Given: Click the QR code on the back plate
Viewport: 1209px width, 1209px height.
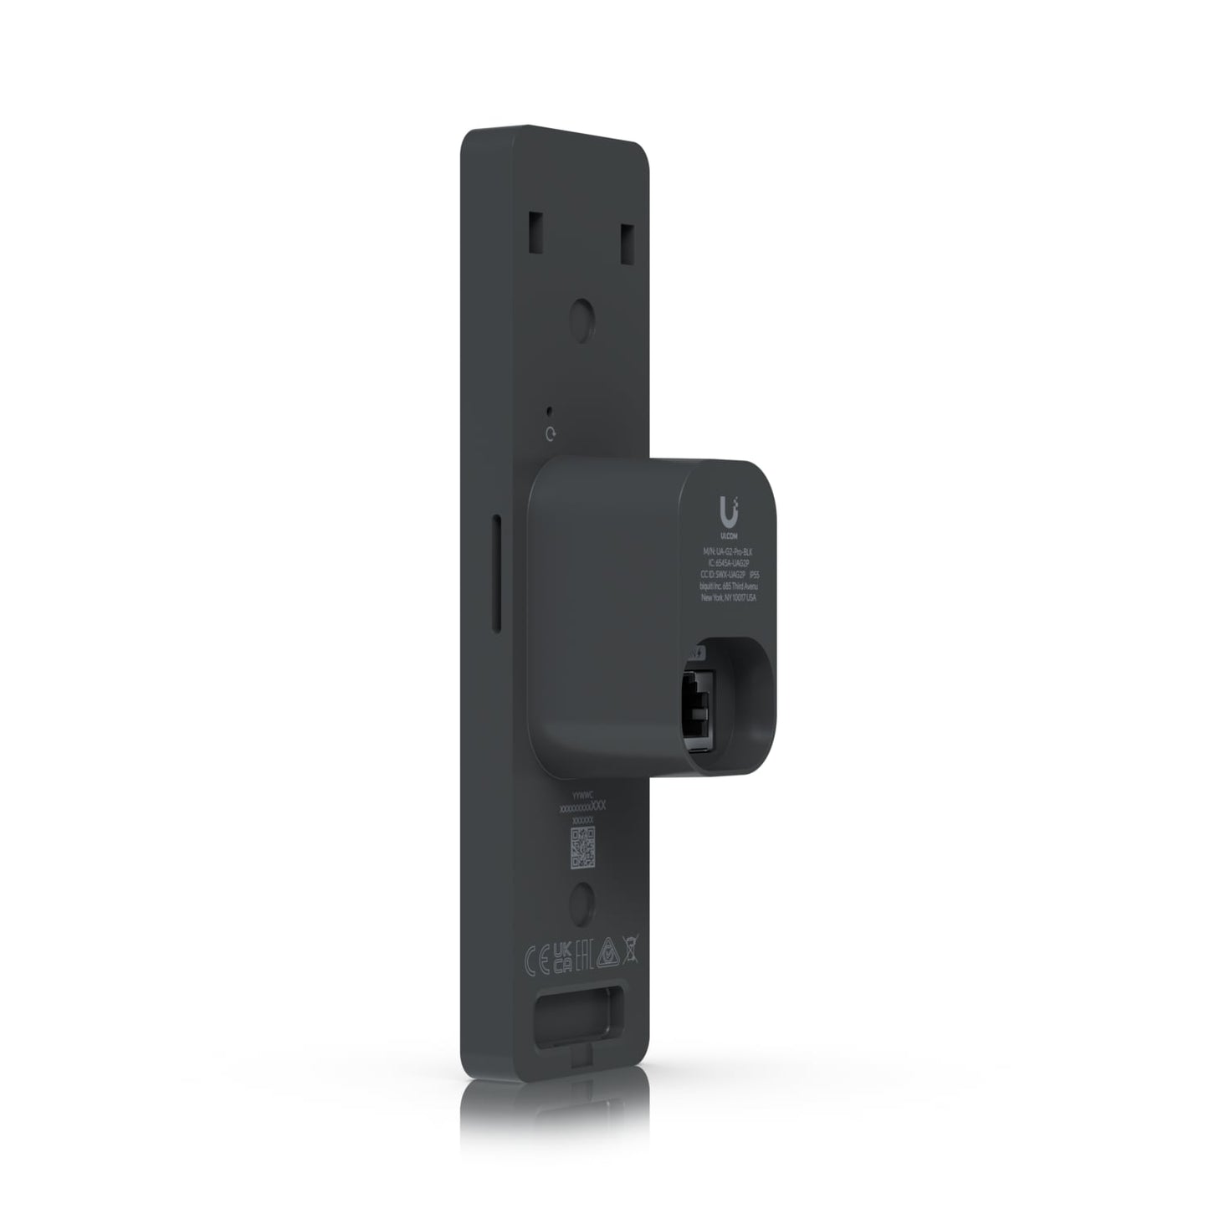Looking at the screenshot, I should [x=582, y=848].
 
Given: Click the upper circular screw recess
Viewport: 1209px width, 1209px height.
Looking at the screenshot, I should [x=583, y=316].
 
